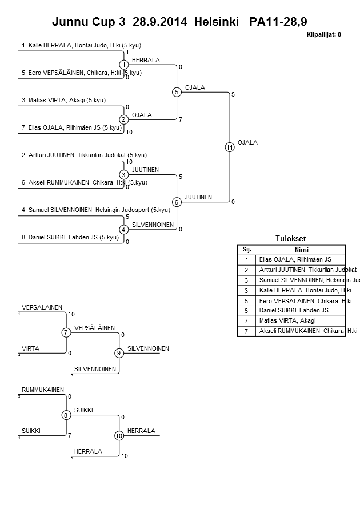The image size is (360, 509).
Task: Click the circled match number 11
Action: [230, 147]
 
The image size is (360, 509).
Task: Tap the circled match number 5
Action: [177, 92]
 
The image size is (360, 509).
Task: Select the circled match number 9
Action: [119, 353]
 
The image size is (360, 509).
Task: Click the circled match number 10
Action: [119, 436]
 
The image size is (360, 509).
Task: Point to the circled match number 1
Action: [123, 65]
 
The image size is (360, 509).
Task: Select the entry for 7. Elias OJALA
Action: [71, 127]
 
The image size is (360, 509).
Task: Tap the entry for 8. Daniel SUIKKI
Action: [70, 237]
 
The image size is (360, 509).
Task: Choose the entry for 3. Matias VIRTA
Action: [63, 100]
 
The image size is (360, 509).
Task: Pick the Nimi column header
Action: [301, 250]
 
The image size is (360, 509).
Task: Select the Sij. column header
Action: [247, 250]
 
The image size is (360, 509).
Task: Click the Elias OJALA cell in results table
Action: [291, 259]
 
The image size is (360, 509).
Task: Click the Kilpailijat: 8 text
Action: [324, 34]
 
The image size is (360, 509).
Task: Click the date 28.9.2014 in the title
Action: [159, 22]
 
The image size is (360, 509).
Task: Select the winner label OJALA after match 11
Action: [247, 142]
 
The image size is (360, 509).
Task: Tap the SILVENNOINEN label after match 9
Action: [148, 348]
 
